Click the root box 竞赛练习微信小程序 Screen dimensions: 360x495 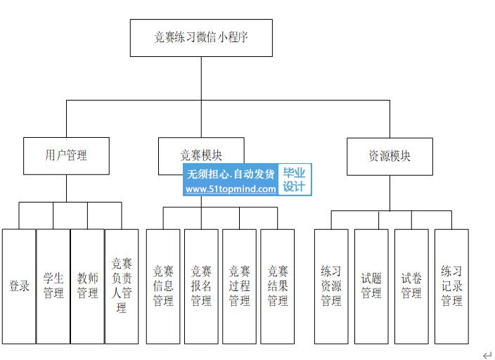pos(201,38)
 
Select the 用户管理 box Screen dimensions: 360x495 pos(66,155)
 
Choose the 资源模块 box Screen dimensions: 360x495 pos(390,155)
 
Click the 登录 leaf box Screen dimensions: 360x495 pos(19,286)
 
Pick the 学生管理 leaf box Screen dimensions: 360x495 pos(53,286)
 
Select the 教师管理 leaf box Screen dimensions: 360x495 pos(87,286)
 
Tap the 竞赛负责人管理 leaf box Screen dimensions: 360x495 pos(122,286)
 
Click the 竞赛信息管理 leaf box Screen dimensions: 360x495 pos(163,286)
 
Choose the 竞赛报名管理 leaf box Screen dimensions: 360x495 pos(201,286)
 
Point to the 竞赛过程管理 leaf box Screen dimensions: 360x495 pos(239,286)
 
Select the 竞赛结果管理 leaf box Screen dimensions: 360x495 pos(277,286)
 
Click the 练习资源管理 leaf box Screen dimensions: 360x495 pos(331,286)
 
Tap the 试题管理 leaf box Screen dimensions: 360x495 pos(371,286)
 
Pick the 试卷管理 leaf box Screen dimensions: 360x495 pos(411,286)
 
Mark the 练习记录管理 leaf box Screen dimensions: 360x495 pos(451,286)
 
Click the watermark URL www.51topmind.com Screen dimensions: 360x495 pos(231,189)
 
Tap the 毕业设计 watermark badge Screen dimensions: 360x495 pos(294,180)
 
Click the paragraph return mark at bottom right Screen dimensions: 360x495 pos(487,355)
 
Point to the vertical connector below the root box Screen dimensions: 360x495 pos(201,78)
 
